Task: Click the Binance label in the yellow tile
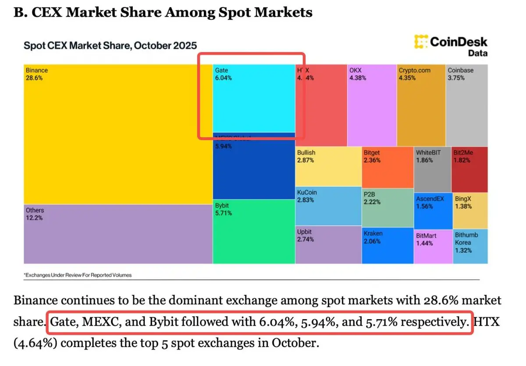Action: pyautogui.click(x=37, y=70)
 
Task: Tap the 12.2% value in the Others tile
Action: pyautogui.click(x=34, y=218)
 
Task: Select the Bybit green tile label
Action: pyautogui.click(x=222, y=205)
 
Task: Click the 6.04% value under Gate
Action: pyautogui.click(x=224, y=78)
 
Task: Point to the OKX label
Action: pyautogui.click(x=355, y=70)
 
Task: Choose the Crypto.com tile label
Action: pyautogui.click(x=414, y=70)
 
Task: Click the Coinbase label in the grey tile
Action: pyautogui.click(x=460, y=70)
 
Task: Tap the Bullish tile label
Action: pyautogui.click(x=306, y=153)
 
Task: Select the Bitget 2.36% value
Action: pyautogui.click(x=372, y=160)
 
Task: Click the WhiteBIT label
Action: pyautogui.click(x=428, y=153)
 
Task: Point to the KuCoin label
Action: pyautogui.click(x=307, y=192)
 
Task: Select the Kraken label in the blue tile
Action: pyautogui.click(x=373, y=234)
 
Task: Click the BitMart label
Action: pyautogui.click(x=426, y=236)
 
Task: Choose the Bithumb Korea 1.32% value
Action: pyautogui.click(x=463, y=250)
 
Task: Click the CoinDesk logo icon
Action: pyautogui.click(x=420, y=42)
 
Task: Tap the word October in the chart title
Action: pyautogui.click(x=154, y=46)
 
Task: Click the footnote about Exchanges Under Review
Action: pyautogui.click(x=78, y=275)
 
